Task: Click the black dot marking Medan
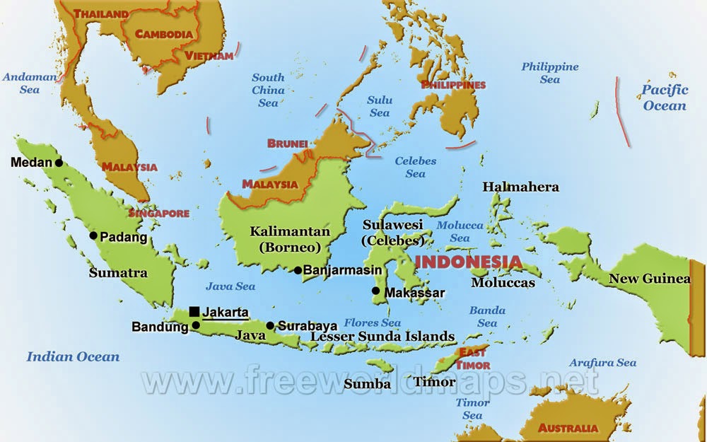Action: pyautogui.click(x=59, y=163)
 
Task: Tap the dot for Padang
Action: pyautogui.click(x=93, y=236)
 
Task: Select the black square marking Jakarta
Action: pyautogui.click(x=194, y=311)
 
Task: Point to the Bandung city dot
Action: pyautogui.click(x=196, y=326)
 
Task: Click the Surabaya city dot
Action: pyautogui.click(x=270, y=326)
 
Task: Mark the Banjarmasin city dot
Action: pyautogui.click(x=298, y=270)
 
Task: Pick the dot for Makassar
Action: pyautogui.click(x=375, y=291)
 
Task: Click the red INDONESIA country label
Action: pyautogui.click(x=468, y=262)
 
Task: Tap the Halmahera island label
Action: pyautogui.click(x=520, y=187)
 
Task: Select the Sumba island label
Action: pyautogui.click(x=367, y=384)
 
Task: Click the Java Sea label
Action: pyautogui.click(x=230, y=286)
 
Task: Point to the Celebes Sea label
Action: pyautogui.click(x=416, y=167)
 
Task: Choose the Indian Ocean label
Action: pyautogui.click(x=73, y=356)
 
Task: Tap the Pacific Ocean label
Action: pyautogui.click(x=665, y=98)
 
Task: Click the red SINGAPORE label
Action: pyautogui.click(x=158, y=212)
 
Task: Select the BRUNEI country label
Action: pyautogui.click(x=288, y=144)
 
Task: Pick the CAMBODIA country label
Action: pyautogui.click(x=164, y=33)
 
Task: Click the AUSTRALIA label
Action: pyautogui.click(x=568, y=428)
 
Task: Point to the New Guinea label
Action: pyautogui.click(x=649, y=279)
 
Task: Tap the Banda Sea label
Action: pyautogui.click(x=487, y=316)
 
